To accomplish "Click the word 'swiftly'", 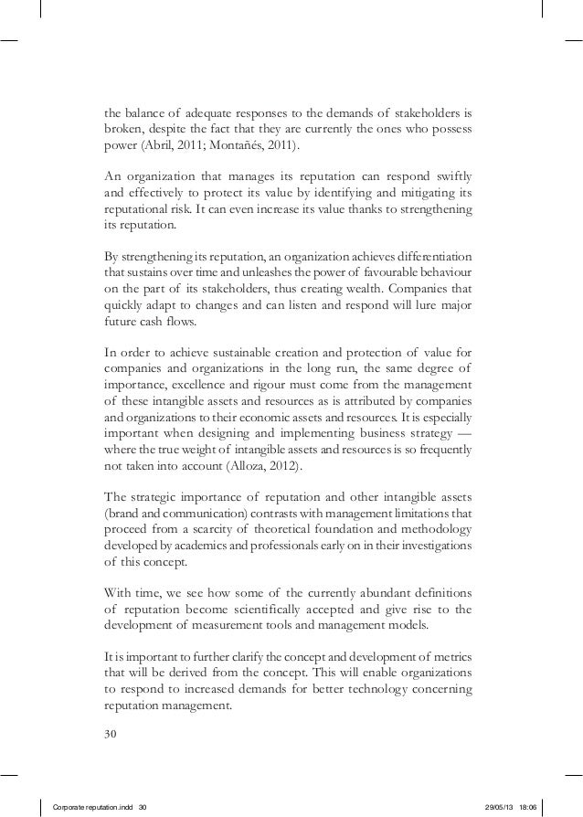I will [x=453, y=176].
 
